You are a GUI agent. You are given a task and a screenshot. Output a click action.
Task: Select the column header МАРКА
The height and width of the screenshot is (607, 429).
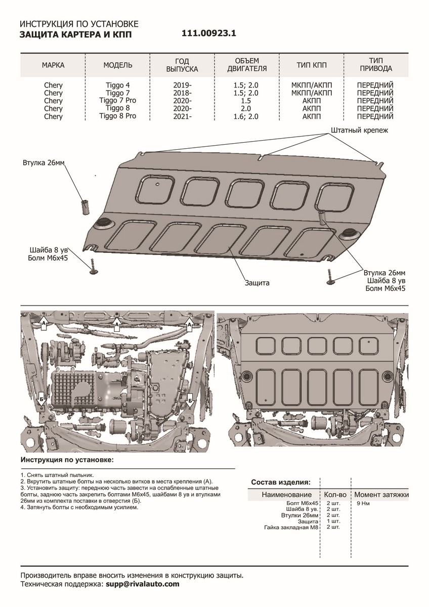(x=53, y=65)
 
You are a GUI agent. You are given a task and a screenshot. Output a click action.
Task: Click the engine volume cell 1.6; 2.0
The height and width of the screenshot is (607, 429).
(x=247, y=116)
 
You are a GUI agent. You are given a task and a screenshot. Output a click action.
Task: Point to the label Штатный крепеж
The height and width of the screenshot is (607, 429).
(x=359, y=131)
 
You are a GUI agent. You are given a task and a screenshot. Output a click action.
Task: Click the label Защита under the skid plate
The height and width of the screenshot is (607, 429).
(x=257, y=283)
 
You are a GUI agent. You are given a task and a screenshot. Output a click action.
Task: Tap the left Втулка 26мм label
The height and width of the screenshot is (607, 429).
(x=44, y=163)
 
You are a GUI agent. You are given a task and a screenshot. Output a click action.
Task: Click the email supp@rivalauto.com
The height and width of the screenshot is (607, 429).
(x=142, y=584)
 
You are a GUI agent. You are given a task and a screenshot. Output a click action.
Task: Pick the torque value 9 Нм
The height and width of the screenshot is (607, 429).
(x=363, y=503)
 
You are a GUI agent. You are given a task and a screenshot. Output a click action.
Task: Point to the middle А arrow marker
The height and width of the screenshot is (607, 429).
(x=117, y=323)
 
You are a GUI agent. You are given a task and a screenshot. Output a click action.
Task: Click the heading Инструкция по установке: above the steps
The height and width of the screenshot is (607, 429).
(x=67, y=460)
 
